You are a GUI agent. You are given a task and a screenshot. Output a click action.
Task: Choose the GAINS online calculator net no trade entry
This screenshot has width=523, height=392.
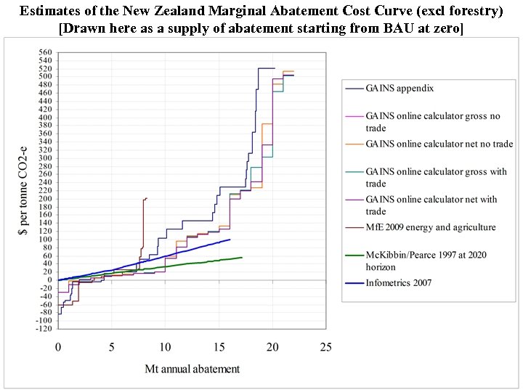pyautogui.click(x=439, y=144)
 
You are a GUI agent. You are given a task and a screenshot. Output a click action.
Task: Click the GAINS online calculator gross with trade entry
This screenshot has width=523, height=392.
pyautogui.click(x=436, y=171)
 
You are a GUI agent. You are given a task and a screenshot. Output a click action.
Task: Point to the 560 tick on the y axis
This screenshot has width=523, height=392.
pyautogui.click(x=46, y=53)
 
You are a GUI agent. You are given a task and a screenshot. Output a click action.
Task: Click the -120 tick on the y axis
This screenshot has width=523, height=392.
pyautogui.click(x=44, y=329)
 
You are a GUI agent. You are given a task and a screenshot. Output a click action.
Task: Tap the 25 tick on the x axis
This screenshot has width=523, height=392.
pyautogui.click(x=326, y=347)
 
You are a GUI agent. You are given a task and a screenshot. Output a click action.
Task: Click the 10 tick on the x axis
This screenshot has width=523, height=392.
pyautogui.click(x=166, y=347)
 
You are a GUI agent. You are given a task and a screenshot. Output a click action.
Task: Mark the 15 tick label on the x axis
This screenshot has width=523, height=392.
pyautogui.click(x=219, y=347)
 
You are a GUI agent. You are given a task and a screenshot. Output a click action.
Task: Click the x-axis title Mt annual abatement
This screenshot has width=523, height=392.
pyautogui.click(x=192, y=369)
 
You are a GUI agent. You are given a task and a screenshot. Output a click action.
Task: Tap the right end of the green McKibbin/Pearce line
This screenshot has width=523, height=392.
pyautogui.click(x=242, y=257)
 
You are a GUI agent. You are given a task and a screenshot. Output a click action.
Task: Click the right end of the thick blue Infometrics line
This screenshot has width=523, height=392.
pyautogui.click(x=230, y=239)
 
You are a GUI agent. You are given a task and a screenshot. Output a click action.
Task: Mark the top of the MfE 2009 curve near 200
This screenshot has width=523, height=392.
pyautogui.click(x=146, y=198)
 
